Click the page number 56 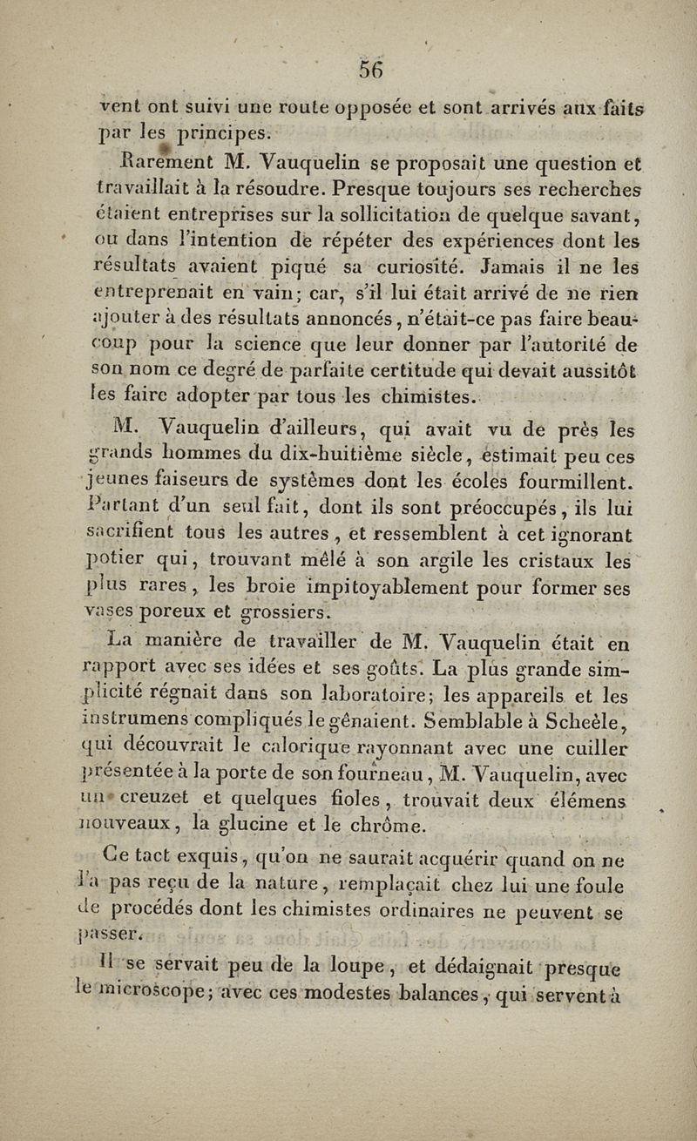(x=372, y=69)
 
